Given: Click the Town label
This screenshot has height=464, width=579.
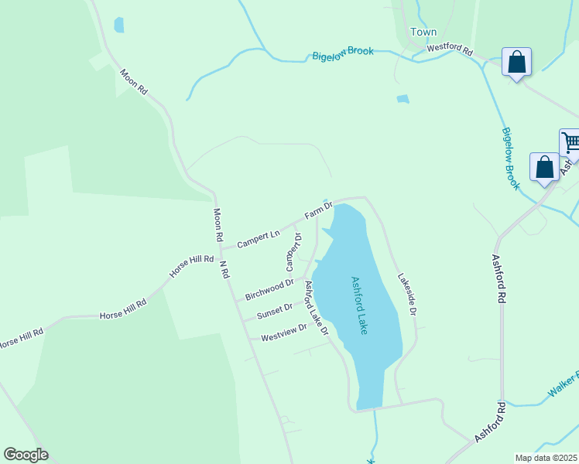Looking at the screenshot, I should [423, 32].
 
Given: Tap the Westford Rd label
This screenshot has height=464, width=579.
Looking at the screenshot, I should [450, 48].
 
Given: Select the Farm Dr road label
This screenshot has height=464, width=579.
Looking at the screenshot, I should [318, 210].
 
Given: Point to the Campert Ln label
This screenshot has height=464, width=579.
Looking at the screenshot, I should [258, 238].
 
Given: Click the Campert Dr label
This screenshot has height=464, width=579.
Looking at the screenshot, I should [293, 252].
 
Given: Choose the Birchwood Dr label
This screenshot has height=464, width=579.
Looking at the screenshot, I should [269, 289].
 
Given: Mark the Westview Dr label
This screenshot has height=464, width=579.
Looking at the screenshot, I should [283, 332].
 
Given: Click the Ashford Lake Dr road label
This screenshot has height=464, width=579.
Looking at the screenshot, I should [317, 308].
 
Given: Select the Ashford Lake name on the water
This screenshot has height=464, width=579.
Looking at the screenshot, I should [358, 305].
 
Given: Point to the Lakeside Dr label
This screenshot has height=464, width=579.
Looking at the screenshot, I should [407, 294].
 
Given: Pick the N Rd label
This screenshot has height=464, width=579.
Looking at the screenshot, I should [224, 268].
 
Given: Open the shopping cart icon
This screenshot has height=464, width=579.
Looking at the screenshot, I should [570, 143].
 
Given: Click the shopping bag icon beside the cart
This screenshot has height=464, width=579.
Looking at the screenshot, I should [544, 167].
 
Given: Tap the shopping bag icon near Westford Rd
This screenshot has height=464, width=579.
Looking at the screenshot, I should [516, 62].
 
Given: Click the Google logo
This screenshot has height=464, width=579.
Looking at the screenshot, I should [26, 455].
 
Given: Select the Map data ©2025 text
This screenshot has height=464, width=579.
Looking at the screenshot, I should [546, 458].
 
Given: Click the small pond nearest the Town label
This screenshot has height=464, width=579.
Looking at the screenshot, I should [403, 99].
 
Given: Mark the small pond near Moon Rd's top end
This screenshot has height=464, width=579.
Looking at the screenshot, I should [118, 25].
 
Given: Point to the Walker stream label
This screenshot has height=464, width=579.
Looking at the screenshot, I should [563, 387].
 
